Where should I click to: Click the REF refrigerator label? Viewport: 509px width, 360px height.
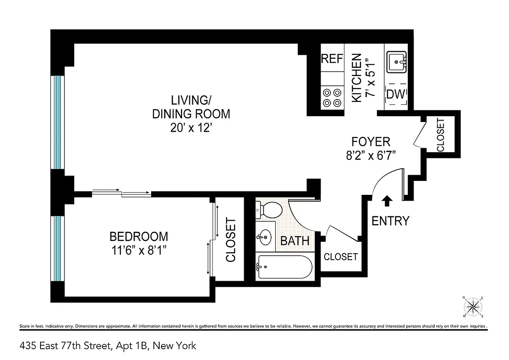coord(332,59)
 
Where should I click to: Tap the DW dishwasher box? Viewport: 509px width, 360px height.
coord(396,94)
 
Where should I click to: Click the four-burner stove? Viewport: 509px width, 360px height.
coord(332,98)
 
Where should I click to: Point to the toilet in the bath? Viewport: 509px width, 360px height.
coord(269,209)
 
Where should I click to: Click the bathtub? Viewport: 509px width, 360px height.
coord(284,268)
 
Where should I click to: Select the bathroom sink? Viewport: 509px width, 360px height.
coord(265,236)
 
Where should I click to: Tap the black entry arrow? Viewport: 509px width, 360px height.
coord(387,201)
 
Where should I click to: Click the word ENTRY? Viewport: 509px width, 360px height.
coord(390,221)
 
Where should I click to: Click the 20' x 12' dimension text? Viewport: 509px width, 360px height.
coord(191,128)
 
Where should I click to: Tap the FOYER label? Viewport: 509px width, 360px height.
coord(371,142)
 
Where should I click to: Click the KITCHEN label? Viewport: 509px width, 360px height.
coord(356,77)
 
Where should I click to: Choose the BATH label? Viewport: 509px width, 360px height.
coord(295,241)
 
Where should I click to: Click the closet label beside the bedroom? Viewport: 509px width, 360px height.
coord(231,240)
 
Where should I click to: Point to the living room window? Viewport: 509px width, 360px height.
coord(57,122)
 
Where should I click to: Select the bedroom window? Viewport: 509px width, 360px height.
coord(57,248)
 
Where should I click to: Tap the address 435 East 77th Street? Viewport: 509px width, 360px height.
coord(108,346)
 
